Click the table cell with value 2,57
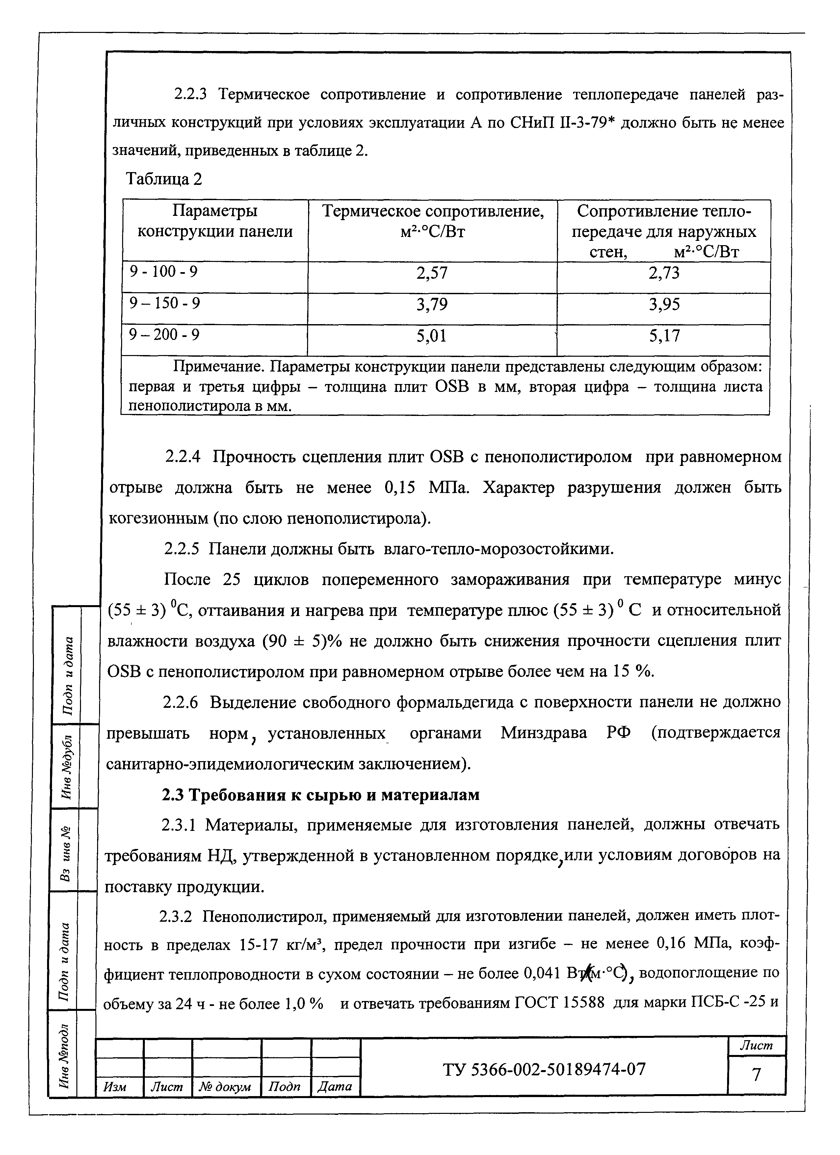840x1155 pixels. tap(432, 273)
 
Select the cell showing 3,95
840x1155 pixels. tap(664, 304)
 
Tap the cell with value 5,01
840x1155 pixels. tap(432, 336)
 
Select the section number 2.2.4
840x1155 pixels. tap(183, 457)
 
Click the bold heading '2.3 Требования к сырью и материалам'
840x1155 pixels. tap(320, 795)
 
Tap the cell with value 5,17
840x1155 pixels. tap(664, 336)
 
